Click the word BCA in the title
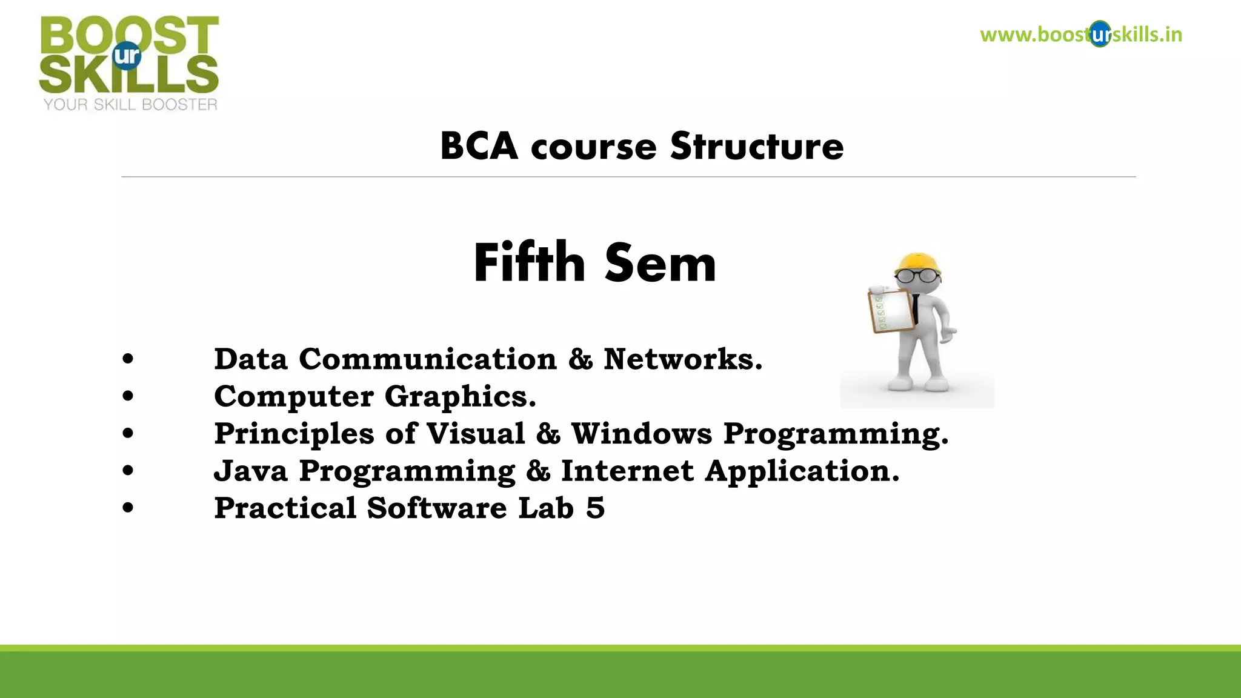point(479,147)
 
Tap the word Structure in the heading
point(757,147)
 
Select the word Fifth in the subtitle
point(528,263)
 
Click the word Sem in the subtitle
point(660,264)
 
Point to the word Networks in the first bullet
point(682,359)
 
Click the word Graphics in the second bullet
point(460,397)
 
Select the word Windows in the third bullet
point(642,434)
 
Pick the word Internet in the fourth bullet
point(627,471)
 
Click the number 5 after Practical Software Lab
point(595,508)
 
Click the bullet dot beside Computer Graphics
point(127,396)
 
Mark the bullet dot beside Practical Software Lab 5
point(127,508)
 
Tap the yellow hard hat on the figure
point(919,263)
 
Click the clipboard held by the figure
point(891,311)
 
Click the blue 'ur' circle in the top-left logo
point(127,56)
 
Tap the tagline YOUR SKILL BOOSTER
point(130,105)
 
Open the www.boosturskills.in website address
point(1081,35)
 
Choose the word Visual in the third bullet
point(476,434)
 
